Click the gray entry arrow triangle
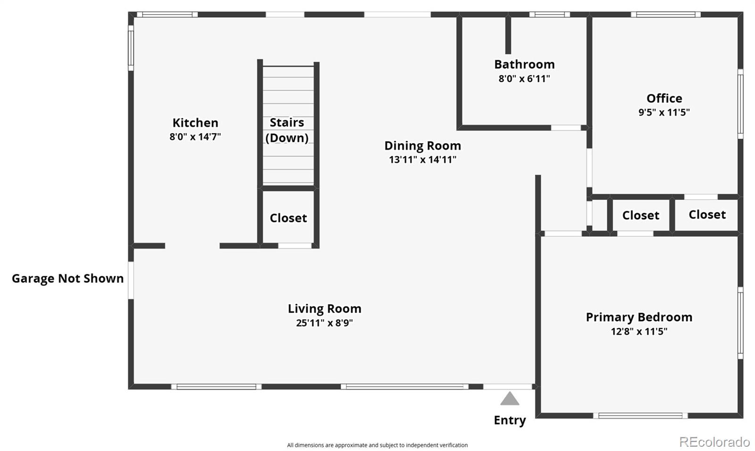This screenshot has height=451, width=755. point(510,399)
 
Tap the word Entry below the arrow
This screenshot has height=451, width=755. point(510,421)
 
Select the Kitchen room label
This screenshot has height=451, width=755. point(195,123)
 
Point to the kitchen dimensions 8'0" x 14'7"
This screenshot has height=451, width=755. point(195,136)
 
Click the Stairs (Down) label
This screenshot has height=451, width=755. point(287,130)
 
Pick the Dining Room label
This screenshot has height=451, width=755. point(423,146)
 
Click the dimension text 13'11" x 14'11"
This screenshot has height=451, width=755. point(423,160)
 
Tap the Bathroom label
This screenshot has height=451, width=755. point(524,64)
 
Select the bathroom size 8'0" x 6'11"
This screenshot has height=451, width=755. point(524,78)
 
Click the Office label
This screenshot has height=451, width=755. point(664,99)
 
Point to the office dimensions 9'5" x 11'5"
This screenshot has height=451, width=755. point(664,112)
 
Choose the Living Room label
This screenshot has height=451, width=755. point(325,309)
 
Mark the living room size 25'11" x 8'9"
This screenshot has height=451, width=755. point(325,323)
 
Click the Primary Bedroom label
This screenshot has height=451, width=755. point(639,317)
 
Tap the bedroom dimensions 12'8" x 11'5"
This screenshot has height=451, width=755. point(639,332)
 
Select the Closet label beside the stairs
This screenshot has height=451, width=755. point(288,218)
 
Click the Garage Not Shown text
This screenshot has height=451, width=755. point(68,279)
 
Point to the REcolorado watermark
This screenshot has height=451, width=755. point(714,442)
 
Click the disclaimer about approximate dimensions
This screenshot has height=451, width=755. point(377,445)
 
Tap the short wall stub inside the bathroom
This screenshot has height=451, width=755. point(508,35)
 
